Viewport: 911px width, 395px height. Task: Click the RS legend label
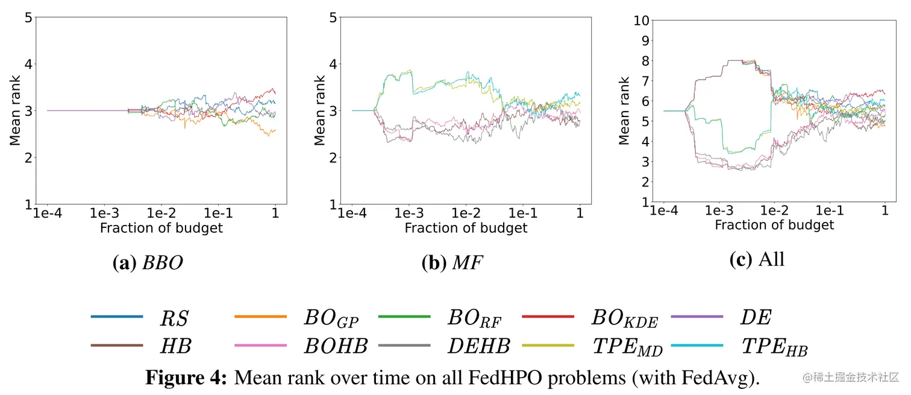click(x=174, y=318)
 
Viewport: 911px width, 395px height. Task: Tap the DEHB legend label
click(x=479, y=346)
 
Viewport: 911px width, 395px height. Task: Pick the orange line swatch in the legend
click(x=260, y=317)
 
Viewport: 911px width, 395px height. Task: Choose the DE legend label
click(x=756, y=318)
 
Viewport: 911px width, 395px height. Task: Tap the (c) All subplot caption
click(x=757, y=259)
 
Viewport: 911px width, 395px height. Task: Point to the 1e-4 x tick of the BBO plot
click(x=48, y=213)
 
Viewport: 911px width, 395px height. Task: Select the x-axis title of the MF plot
click(x=466, y=228)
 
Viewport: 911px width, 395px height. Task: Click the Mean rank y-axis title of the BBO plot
click(x=16, y=110)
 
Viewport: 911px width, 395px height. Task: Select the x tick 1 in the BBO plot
click(x=275, y=213)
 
